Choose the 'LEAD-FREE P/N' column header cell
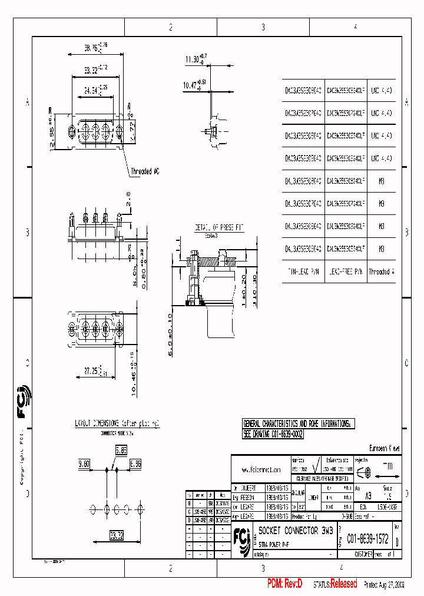click(346, 272)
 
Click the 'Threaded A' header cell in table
click(382, 272)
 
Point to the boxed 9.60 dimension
click(84, 464)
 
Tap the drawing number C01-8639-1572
click(363, 538)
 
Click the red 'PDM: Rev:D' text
click(284, 584)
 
